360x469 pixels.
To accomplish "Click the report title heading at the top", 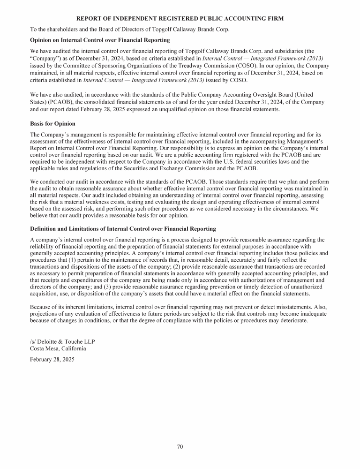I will click(x=180, y=18).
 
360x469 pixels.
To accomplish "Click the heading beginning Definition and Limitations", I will click(x=123, y=229).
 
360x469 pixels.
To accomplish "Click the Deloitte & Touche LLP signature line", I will click(x=62, y=341).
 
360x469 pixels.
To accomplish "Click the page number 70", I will click(x=180, y=446).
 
